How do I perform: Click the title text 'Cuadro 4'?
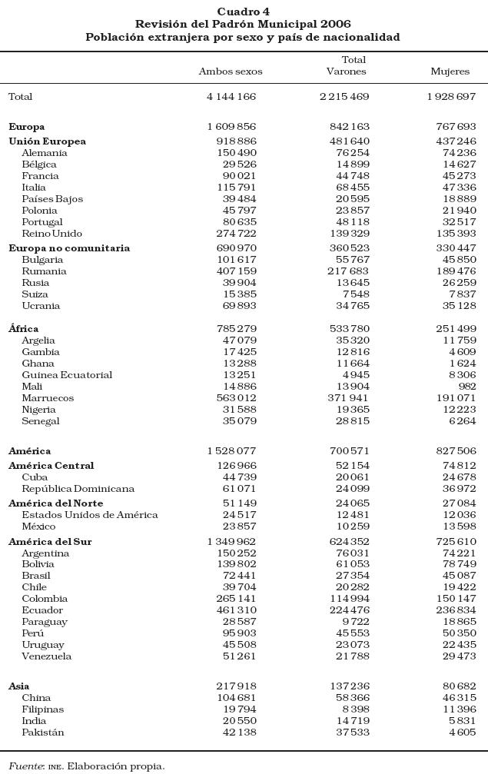click(x=244, y=12)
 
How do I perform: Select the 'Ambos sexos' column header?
click(x=231, y=71)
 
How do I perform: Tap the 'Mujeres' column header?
click(x=450, y=71)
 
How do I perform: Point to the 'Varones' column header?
click(x=346, y=71)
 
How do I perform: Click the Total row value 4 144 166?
click(x=231, y=97)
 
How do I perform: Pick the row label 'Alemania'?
click(x=44, y=153)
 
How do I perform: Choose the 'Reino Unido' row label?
click(x=51, y=234)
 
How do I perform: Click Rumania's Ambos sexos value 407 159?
click(x=237, y=271)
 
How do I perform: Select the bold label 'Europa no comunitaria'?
click(x=69, y=248)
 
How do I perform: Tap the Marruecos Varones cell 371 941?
click(x=349, y=398)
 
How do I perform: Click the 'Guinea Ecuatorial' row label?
click(x=67, y=375)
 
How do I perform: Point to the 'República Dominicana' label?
click(x=78, y=489)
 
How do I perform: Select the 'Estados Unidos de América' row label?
click(x=90, y=515)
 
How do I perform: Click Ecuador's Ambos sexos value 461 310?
click(x=237, y=610)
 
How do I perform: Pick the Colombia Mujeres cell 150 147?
click(x=456, y=599)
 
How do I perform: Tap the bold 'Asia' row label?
click(x=19, y=686)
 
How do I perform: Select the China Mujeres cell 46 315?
click(x=459, y=698)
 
